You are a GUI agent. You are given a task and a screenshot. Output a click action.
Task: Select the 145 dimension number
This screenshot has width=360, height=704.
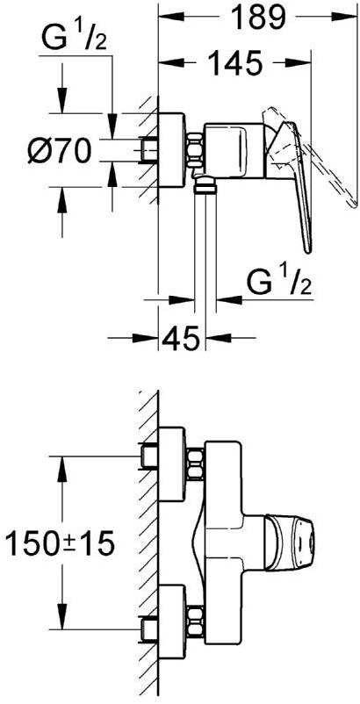235,62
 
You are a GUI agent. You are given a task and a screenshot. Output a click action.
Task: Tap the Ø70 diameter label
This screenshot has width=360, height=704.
57,150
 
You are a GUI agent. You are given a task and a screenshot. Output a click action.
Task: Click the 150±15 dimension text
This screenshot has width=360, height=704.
59,543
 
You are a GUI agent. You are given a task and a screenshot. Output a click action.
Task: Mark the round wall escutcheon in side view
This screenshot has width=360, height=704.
171,149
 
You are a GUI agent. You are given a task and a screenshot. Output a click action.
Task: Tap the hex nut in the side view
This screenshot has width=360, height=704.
194,150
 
